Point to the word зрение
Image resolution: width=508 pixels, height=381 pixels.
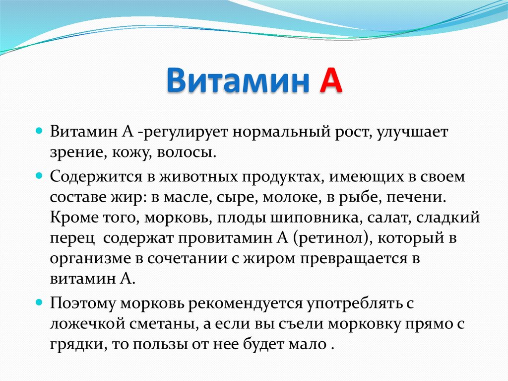coord(74,152)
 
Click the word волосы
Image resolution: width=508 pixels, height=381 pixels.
coord(187,152)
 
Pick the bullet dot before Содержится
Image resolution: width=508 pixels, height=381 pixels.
coord(41,176)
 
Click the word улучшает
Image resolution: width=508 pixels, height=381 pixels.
coord(412,134)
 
